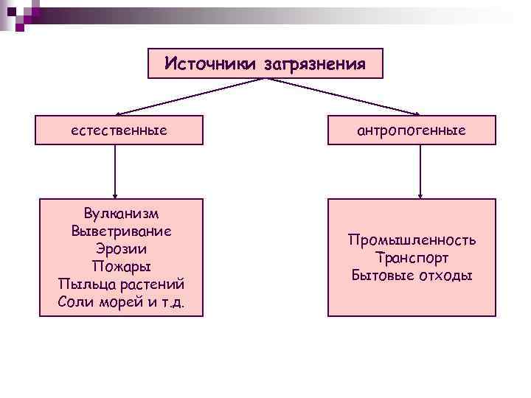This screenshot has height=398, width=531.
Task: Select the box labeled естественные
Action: coord(119,130)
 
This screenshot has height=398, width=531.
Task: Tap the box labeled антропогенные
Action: coord(411,130)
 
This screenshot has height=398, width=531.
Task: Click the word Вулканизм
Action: coord(121,214)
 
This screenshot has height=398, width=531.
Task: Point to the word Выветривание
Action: coord(121,231)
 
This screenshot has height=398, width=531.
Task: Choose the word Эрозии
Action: coord(121,248)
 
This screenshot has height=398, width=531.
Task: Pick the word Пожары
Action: coord(121,266)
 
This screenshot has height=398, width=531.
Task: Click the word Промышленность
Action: coord(412,240)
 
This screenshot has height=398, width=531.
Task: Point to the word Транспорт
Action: coord(412,258)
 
